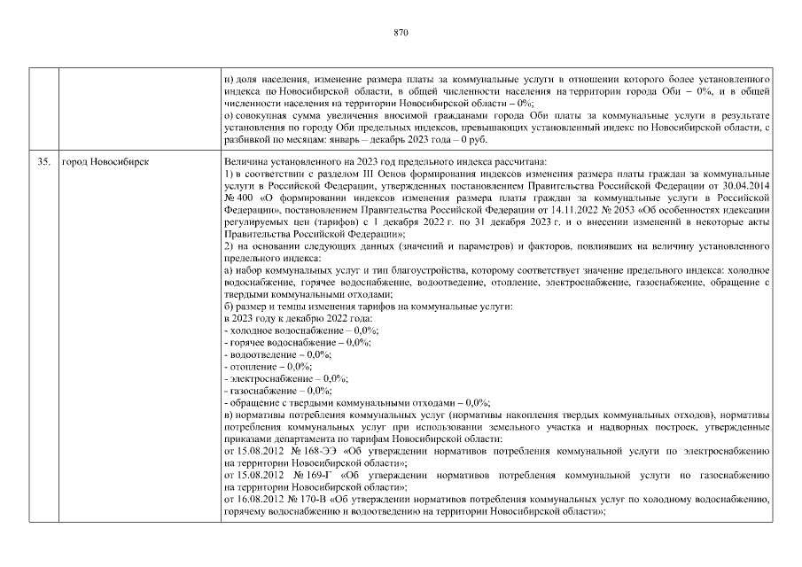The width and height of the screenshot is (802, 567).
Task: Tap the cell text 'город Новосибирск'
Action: (x=98, y=162)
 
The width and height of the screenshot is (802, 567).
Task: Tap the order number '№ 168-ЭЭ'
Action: (x=315, y=451)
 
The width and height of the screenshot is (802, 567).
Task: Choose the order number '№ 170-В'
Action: (x=312, y=500)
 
